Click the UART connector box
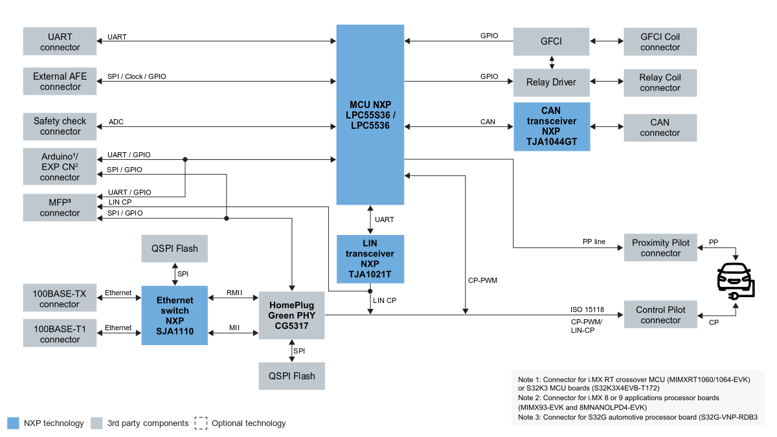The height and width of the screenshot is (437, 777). (60, 41)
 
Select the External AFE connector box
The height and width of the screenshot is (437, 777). (60, 82)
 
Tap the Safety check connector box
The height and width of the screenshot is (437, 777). (60, 126)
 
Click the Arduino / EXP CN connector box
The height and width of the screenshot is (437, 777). (60, 166)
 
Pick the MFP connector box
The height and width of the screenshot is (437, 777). (60, 207)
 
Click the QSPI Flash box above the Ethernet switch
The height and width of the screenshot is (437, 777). (174, 249)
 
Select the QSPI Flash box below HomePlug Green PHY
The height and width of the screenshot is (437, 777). (291, 376)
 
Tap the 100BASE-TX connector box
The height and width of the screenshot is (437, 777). (60, 298)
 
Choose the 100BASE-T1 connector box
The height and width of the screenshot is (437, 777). (60, 333)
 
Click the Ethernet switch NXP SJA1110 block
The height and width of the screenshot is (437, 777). (174, 316)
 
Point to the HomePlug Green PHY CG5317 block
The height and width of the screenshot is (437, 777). (291, 315)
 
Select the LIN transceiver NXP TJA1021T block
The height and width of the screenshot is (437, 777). (370, 259)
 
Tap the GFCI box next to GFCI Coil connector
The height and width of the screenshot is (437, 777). (551, 41)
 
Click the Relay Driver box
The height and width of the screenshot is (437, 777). (551, 82)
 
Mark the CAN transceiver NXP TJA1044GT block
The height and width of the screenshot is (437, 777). (551, 127)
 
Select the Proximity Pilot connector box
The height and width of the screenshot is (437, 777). (660, 248)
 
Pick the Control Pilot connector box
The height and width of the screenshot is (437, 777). (660, 315)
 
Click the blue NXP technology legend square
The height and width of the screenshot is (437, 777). (14, 423)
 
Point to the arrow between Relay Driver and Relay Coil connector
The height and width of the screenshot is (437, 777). (607, 82)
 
